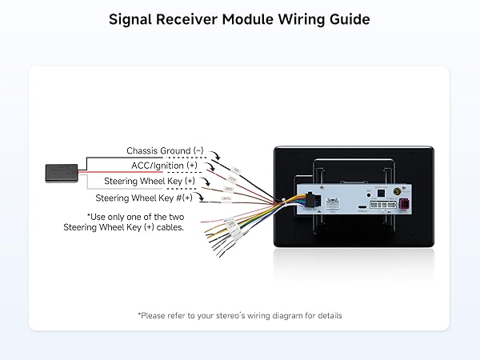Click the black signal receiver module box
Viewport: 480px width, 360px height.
[60, 171]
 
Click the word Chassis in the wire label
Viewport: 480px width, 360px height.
[143, 150]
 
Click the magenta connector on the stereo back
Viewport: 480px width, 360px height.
[406, 207]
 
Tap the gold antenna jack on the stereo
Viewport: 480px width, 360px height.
[394, 192]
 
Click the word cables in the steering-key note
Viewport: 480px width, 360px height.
[170, 227]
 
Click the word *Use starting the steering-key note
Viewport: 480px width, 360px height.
[97, 216]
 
